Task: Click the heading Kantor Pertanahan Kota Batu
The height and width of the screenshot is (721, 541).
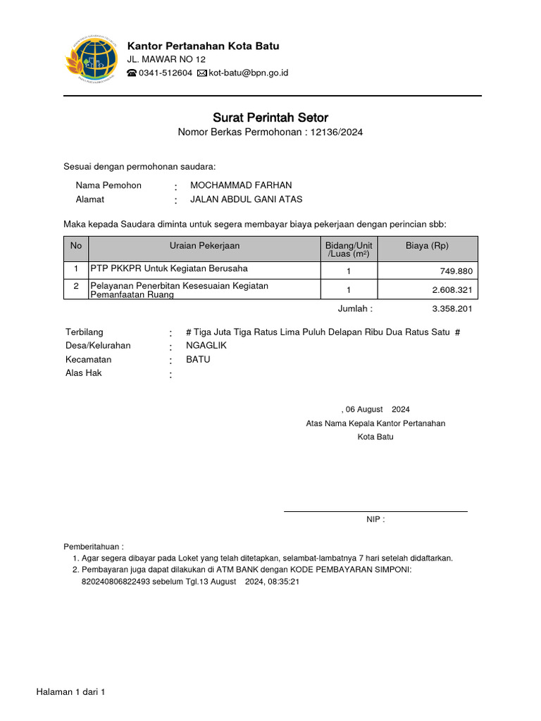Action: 203,46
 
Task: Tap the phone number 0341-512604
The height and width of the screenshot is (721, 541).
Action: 166,73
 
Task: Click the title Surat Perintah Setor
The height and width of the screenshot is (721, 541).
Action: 270,118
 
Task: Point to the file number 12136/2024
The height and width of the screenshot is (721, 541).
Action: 336,132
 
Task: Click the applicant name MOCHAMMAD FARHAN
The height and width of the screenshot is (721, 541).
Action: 241,185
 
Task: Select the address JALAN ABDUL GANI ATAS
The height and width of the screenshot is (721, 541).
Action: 246,199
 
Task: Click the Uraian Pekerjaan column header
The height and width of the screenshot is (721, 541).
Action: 204,246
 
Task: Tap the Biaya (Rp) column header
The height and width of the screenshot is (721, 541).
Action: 427,246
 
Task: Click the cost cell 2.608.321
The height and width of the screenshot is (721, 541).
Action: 452,290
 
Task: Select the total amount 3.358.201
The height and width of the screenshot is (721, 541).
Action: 452,308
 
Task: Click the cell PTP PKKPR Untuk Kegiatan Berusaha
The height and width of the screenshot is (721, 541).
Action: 168,269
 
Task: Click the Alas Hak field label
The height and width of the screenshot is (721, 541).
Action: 84,372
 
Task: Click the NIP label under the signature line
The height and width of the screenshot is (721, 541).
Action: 375,520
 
